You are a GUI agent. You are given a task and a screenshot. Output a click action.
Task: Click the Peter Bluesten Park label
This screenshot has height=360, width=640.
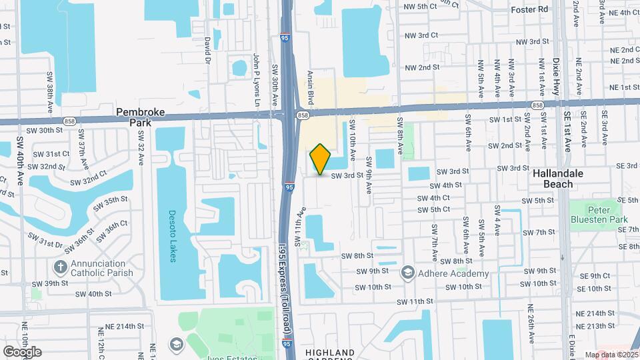tap(599, 213)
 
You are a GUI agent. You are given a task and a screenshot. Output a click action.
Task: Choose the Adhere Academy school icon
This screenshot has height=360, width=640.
tap(407, 273)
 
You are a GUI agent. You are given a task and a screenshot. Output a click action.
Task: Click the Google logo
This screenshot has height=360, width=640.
tap(22, 352)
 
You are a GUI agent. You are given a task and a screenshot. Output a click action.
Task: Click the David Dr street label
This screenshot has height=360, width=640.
tap(208, 50)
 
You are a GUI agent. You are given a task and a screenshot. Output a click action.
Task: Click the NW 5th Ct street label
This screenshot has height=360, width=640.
tap(420, 7)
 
